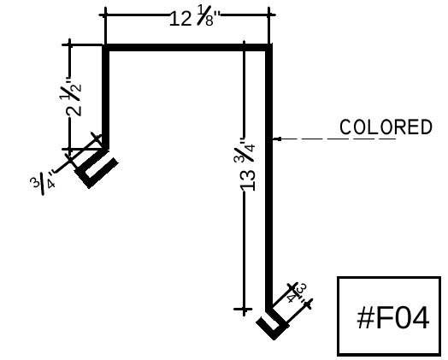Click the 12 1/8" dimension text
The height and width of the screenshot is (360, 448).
(x=196, y=18)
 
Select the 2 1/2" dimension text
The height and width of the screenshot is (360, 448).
(x=74, y=97)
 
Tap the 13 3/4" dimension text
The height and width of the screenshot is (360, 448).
(x=247, y=165)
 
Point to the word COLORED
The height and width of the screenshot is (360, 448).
(x=386, y=127)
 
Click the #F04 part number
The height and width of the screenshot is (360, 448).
(x=393, y=317)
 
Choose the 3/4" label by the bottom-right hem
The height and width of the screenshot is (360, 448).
(x=298, y=293)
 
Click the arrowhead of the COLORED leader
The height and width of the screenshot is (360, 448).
(x=277, y=139)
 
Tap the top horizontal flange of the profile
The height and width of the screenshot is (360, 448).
(x=187, y=48)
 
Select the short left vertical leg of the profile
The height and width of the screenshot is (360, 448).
(x=106, y=97)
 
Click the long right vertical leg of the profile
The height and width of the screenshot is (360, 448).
(x=268, y=177)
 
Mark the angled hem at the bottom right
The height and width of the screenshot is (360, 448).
(x=273, y=324)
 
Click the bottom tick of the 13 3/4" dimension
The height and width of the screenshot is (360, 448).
(x=244, y=310)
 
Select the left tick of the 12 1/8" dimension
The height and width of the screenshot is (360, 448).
(x=105, y=15)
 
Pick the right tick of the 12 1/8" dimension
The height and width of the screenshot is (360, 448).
(x=268, y=15)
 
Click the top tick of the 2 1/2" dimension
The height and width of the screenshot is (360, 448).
(x=70, y=44)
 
